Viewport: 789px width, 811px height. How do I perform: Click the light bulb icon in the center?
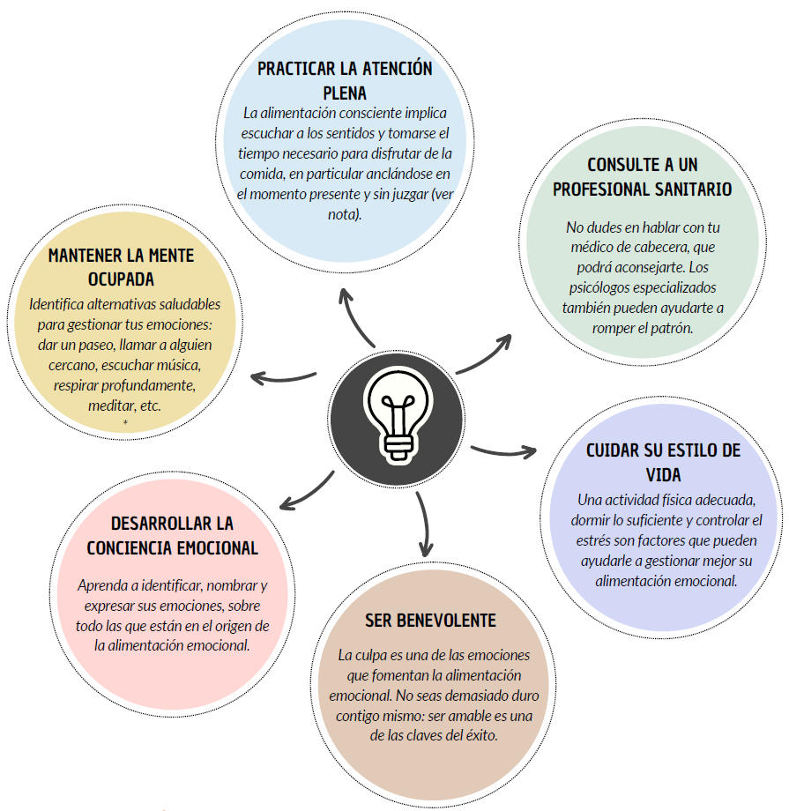pyautogui.click(x=398, y=413)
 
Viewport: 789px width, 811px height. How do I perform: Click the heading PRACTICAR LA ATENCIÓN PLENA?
pyautogui.click(x=345, y=81)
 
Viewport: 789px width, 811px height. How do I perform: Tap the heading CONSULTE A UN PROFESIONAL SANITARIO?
pyautogui.click(x=642, y=177)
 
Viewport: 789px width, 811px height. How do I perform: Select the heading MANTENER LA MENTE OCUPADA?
pyautogui.click(x=121, y=267)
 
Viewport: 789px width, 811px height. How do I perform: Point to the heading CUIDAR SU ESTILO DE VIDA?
pyautogui.click(x=663, y=463)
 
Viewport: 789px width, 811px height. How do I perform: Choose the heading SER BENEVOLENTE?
pyautogui.click(x=430, y=621)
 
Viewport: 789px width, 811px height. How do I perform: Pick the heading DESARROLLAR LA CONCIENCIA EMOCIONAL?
pyautogui.click(x=172, y=536)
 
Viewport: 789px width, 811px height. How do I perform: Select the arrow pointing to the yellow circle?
pyautogui.click(x=282, y=379)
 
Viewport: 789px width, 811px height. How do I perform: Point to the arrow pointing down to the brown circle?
pyautogui.click(x=425, y=524)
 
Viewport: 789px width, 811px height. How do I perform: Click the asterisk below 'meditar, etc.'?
pyautogui.click(x=125, y=423)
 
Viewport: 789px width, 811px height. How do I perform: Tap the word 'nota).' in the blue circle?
pyautogui.click(x=345, y=214)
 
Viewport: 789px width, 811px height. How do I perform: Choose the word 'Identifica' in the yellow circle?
pyautogui.click(x=56, y=304)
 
